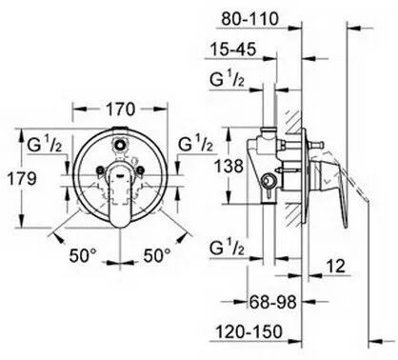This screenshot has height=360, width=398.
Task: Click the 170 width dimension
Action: point(120,110)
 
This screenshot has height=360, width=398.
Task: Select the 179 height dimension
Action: point(22,179)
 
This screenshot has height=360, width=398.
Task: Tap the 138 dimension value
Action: point(229,166)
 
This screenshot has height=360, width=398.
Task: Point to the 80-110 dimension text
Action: point(249,19)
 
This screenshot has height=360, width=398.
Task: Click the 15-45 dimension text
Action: point(233,50)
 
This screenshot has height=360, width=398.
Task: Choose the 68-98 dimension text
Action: point(272,302)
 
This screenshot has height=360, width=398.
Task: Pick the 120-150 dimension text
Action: point(249,332)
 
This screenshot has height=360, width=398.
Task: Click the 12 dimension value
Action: point(335,266)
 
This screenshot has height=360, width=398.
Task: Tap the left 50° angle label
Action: point(83,255)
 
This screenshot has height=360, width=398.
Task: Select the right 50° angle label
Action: point(157,255)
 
